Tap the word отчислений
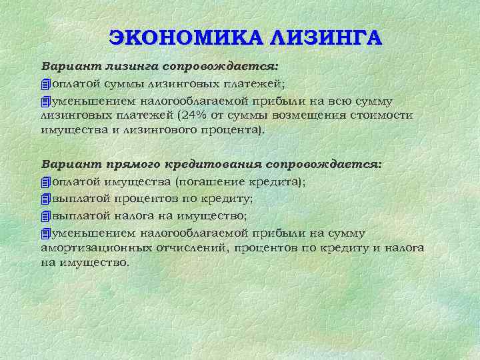tap(189, 247)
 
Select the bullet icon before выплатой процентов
tap(45, 199)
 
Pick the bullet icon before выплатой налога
tap(45, 216)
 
